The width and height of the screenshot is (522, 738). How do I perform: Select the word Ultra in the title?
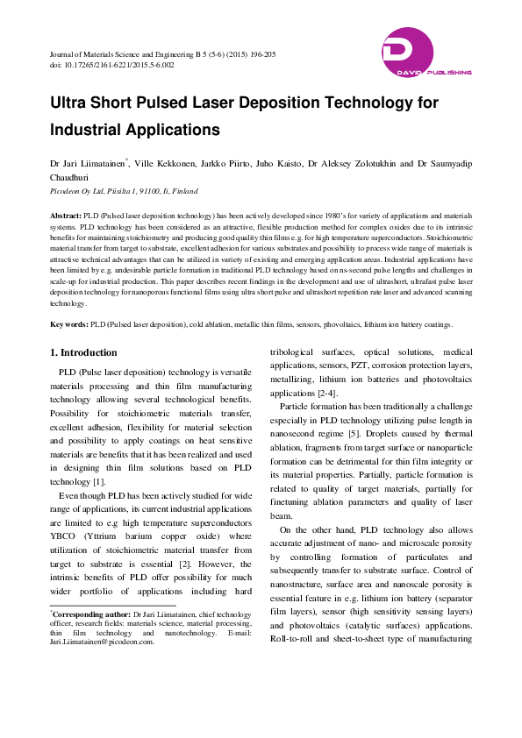point(73,103)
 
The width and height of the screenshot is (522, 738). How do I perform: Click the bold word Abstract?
point(68,215)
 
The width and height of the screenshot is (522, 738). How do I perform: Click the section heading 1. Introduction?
point(83,353)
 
